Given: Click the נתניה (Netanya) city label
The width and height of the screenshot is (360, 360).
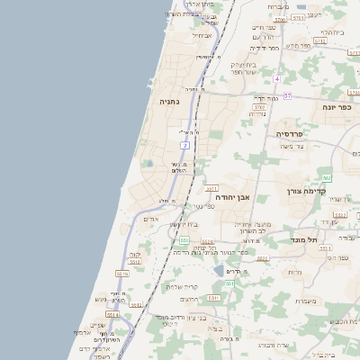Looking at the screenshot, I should tap(169, 103).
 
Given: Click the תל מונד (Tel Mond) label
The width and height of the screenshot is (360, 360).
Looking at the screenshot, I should tap(306, 239).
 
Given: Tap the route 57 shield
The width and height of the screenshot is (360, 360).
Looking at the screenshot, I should tap(287, 94).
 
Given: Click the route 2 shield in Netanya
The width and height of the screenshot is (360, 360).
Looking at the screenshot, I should tap(184, 145).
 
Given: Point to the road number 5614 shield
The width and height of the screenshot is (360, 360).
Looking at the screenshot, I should tap(112, 314).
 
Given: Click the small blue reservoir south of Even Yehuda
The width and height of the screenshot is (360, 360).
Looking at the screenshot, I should tap(219, 270).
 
